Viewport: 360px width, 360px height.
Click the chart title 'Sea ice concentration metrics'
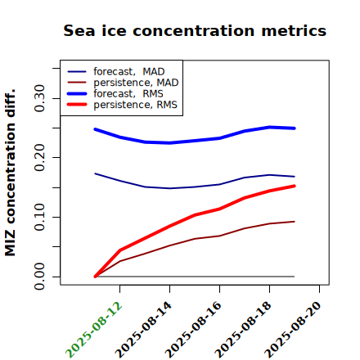point(195,31)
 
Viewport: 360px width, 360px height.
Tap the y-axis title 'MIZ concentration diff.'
point(10,173)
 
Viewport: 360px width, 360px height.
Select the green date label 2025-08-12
point(93,330)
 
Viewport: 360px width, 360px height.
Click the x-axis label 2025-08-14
point(143,330)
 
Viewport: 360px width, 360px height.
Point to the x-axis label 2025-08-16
point(193,330)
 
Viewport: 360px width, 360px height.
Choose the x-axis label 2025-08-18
point(243,330)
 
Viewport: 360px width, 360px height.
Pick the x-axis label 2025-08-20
point(293,330)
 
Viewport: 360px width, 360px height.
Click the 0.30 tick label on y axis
point(39,98)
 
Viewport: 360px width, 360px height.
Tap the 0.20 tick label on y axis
point(39,158)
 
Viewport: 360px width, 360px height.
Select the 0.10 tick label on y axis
point(39,217)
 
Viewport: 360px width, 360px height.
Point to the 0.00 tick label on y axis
point(39,277)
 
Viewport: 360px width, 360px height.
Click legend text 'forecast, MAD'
point(129,72)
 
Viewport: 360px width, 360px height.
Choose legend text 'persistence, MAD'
point(136,83)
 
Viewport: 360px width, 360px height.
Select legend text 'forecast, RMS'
point(128,94)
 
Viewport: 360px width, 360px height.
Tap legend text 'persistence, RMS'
point(135,105)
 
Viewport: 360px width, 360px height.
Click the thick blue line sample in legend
point(77,94)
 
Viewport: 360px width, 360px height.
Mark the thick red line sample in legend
point(77,105)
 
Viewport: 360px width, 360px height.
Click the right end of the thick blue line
point(295,128)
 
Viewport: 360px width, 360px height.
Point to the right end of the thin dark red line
point(295,222)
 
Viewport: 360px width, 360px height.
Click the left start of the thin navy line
point(95,173)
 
